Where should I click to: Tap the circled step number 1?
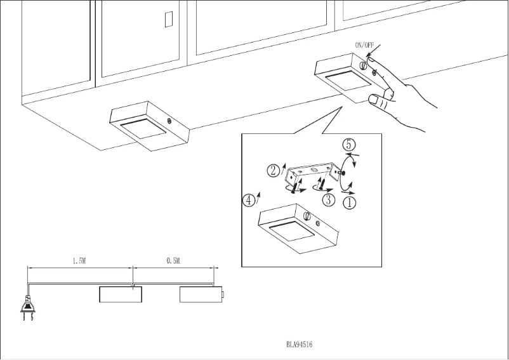point(350,203)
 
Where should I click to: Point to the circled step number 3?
point(328,199)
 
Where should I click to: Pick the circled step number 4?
point(249,200)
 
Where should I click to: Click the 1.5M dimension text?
point(79,261)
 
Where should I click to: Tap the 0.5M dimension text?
point(173,261)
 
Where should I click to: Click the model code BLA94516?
point(299,345)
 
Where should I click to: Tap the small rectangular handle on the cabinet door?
point(168,20)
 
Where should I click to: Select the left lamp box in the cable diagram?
point(121,295)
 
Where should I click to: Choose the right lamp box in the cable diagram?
point(200,295)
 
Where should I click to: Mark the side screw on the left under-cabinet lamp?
point(169,121)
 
